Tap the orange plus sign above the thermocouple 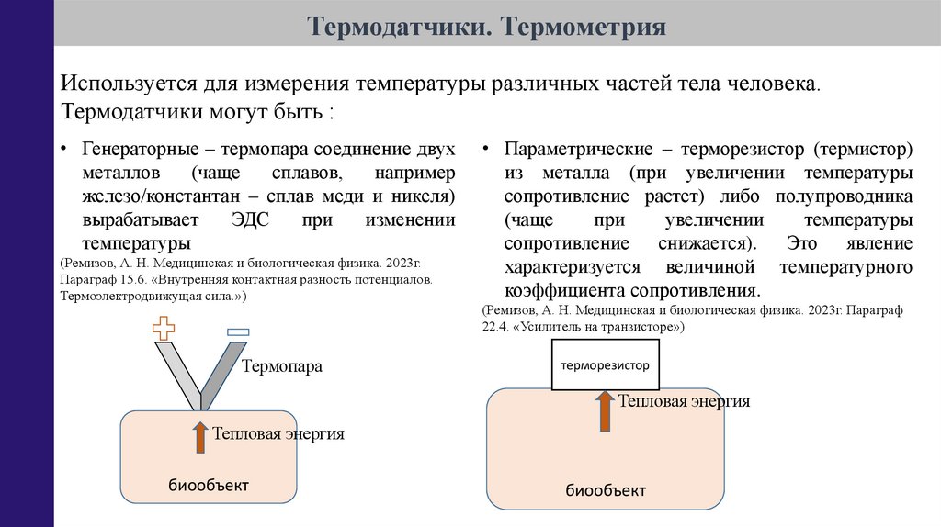click(164, 329)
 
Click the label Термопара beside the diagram click(282, 366)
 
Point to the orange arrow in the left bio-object click(200, 436)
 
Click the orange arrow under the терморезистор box click(605, 410)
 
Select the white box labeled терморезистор click(606, 365)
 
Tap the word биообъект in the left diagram click(209, 484)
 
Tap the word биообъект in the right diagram click(606, 489)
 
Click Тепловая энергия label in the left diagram click(278, 433)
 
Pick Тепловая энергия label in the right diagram click(684, 401)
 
